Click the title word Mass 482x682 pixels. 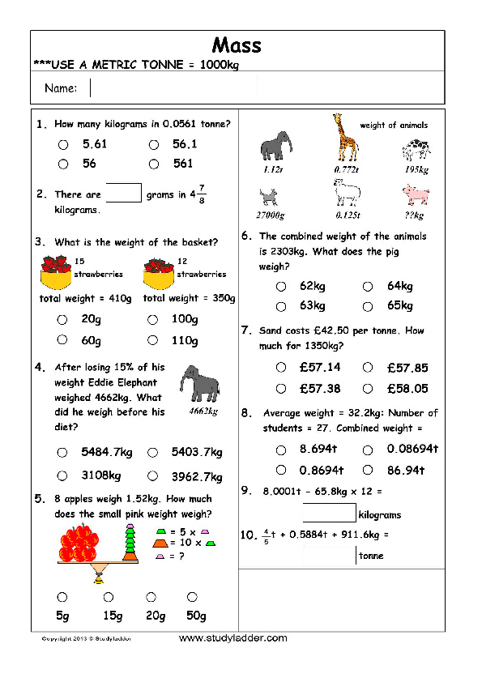(237, 45)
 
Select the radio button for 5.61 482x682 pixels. (62, 145)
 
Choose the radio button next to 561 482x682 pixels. (152, 164)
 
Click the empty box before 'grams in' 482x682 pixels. (124, 193)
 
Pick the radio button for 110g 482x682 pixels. (152, 341)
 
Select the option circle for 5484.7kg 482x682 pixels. (62, 453)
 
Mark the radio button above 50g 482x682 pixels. (194, 597)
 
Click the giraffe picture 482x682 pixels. (346, 139)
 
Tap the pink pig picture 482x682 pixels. (416, 194)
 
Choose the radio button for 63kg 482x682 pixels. (281, 306)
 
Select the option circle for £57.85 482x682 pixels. (369, 368)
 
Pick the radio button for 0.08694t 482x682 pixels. (368, 450)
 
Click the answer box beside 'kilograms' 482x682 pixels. (330, 513)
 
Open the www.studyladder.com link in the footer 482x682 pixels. (232, 638)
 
